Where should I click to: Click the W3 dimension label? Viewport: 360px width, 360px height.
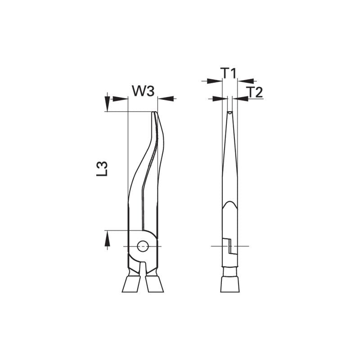click(143, 91)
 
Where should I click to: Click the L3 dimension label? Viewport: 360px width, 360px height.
click(102, 169)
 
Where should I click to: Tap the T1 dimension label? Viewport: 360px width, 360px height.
click(229, 73)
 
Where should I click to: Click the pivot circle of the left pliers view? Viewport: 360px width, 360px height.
click(143, 246)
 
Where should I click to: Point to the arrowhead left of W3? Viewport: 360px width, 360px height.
click(120, 99)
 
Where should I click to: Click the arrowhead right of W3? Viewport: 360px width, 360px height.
click(166, 99)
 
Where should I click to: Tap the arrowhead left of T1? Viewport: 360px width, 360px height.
click(215, 81)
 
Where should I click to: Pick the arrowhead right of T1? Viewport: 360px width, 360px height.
click(246, 81)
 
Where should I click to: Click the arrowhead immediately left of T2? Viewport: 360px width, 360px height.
click(240, 99)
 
